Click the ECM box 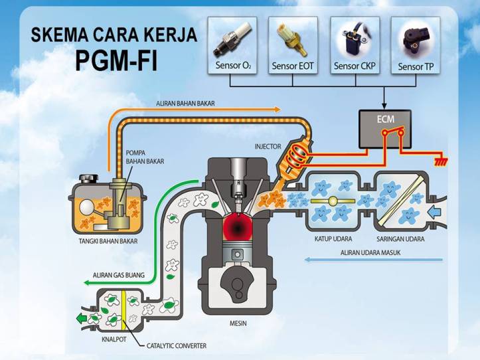coord(384,128)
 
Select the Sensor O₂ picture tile coord(231,45)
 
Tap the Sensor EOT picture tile coord(293,45)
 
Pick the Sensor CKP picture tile coord(355,45)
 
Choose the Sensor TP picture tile coord(416,45)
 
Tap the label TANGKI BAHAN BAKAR coord(108,241)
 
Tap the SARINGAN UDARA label coord(400,239)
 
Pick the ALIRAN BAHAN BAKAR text coord(187,104)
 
